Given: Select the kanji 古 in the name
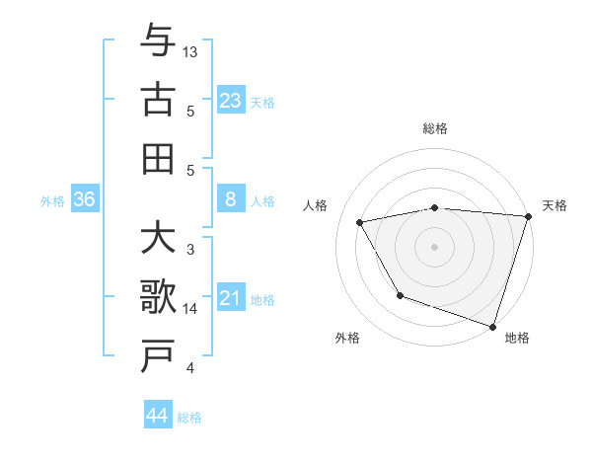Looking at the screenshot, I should tap(158, 101).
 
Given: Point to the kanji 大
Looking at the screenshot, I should tap(158, 242).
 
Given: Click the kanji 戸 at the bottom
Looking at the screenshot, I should tap(158, 355).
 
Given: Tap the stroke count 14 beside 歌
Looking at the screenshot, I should tap(191, 309).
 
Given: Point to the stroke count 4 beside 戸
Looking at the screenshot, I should tap(190, 368).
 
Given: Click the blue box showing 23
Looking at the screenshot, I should tap(231, 100).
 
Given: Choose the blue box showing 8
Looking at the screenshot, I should tap(231, 199).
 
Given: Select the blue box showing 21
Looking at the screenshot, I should tap(231, 297).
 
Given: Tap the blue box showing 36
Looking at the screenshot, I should tap(84, 199).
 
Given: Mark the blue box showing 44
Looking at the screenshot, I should tap(158, 416).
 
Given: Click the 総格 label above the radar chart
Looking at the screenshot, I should tap(434, 128).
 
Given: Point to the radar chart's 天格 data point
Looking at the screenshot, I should tap(528, 216).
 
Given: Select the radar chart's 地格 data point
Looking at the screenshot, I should tap(492, 326).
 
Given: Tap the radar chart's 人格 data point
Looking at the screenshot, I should tap(360, 223).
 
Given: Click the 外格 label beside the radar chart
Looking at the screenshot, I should tap(347, 338).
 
